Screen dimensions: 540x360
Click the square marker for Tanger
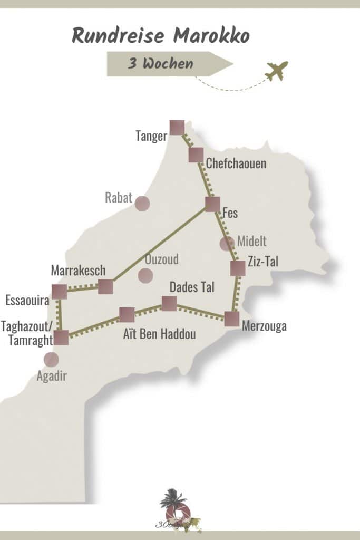coord(177,128)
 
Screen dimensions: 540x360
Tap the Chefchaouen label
coord(236,163)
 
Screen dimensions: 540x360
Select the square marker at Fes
coord(212,204)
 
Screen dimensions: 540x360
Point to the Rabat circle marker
coord(142,203)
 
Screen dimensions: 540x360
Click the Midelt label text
coord(252,242)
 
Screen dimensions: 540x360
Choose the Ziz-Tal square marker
coord(238,268)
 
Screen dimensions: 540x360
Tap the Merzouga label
coord(264,326)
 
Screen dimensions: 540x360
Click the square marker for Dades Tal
coord(169,303)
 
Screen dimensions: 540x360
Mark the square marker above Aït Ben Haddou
coord(127,315)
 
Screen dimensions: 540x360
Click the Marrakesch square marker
coord(105,286)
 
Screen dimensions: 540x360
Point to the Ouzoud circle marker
coord(145,275)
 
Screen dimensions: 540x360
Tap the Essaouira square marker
coord(59,291)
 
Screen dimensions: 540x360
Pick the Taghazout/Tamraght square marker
coord(62,337)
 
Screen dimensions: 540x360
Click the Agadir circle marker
coord(51,359)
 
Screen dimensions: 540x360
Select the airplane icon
coord(277,71)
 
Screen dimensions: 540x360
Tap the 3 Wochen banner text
coord(160,64)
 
